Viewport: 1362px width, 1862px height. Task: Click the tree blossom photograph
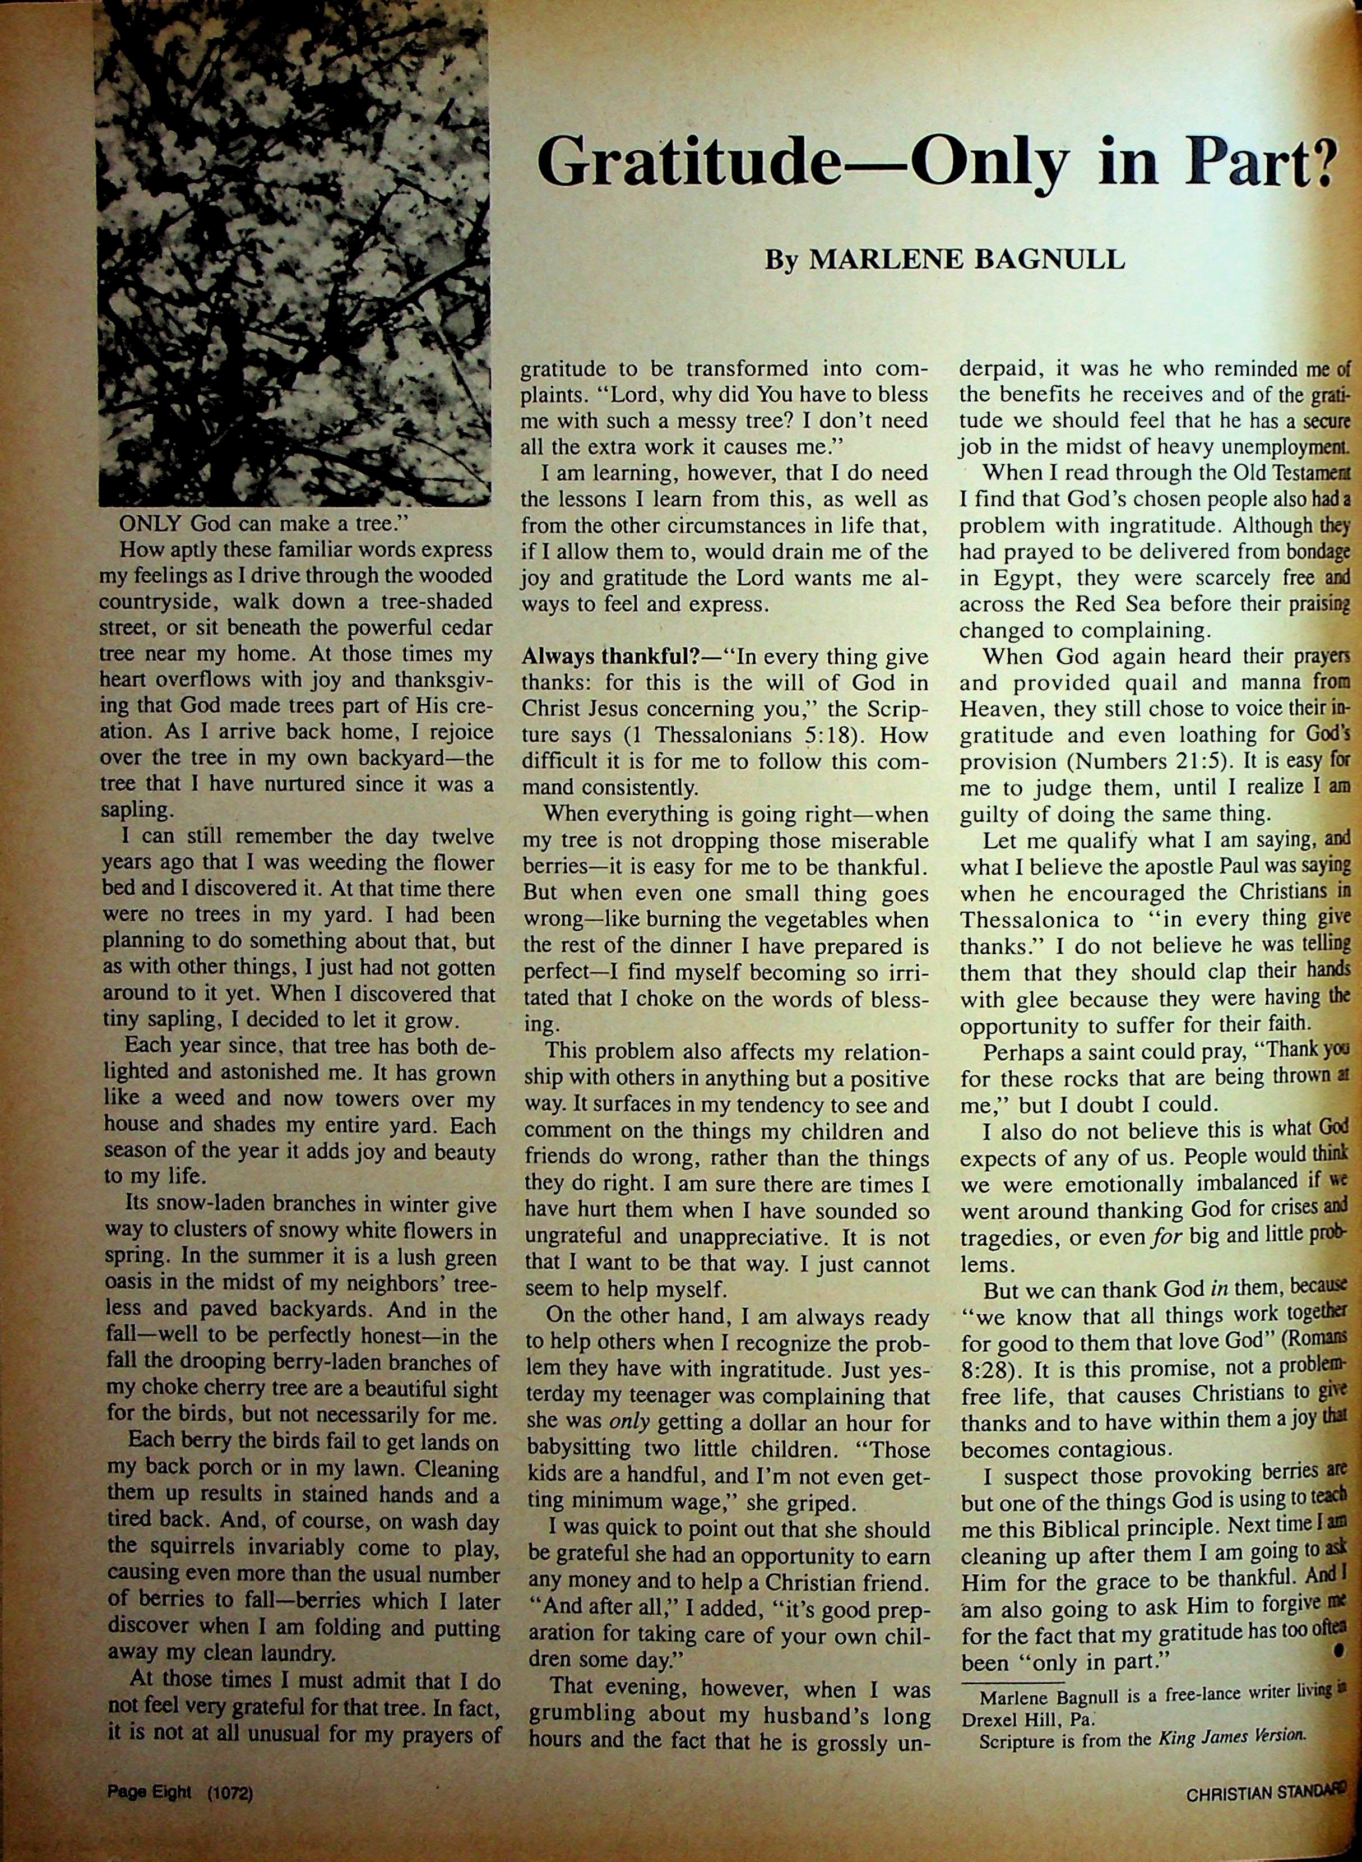point(293,252)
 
